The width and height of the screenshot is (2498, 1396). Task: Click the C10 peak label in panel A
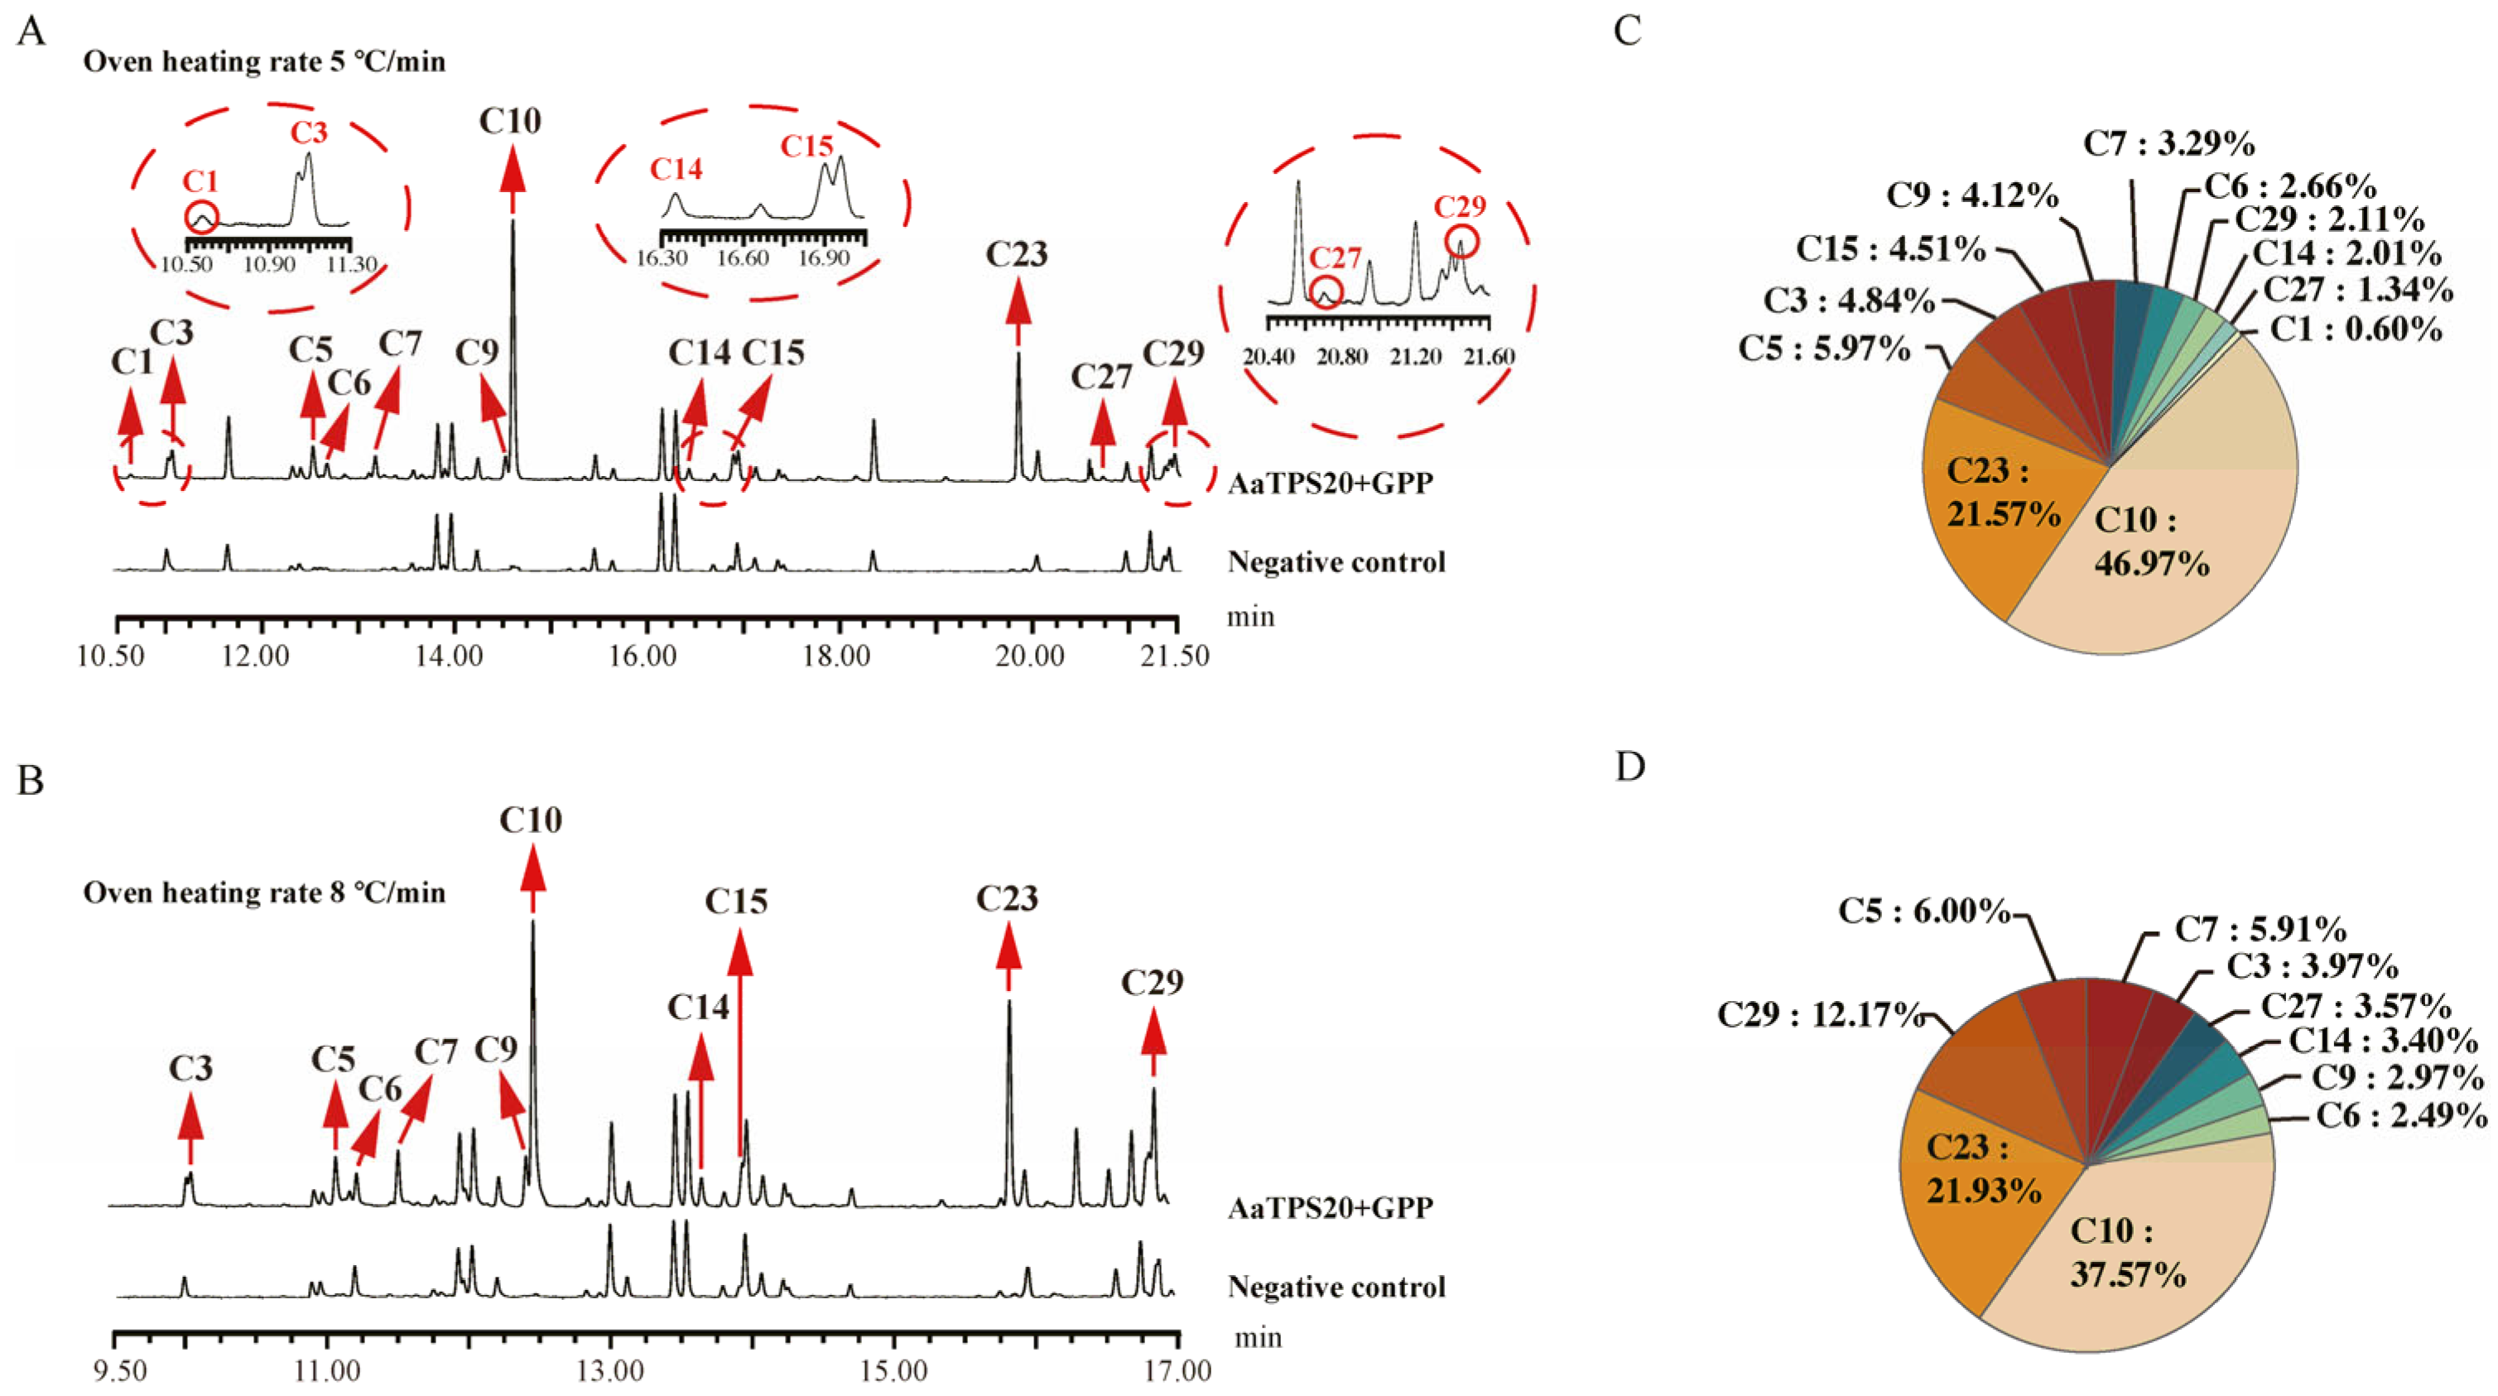pos(510,121)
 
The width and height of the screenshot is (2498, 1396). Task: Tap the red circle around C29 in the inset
pos(1462,242)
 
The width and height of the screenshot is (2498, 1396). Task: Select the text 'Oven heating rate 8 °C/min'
pos(264,893)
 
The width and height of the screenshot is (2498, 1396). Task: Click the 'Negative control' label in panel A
pos(1336,562)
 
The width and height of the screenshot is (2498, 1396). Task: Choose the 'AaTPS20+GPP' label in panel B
pos(1331,1208)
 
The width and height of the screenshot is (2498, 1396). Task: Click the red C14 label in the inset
pos(676,170)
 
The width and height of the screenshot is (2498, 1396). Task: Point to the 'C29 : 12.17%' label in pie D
pos(1820,1015)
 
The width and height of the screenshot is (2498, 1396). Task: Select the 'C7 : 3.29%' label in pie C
pos(2169,144)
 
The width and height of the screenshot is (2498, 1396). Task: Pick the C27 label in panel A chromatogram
pos(1100,376)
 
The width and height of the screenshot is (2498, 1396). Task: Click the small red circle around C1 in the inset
pos(202,217)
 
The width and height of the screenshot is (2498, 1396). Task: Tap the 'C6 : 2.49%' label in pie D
pos(2401,1116)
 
